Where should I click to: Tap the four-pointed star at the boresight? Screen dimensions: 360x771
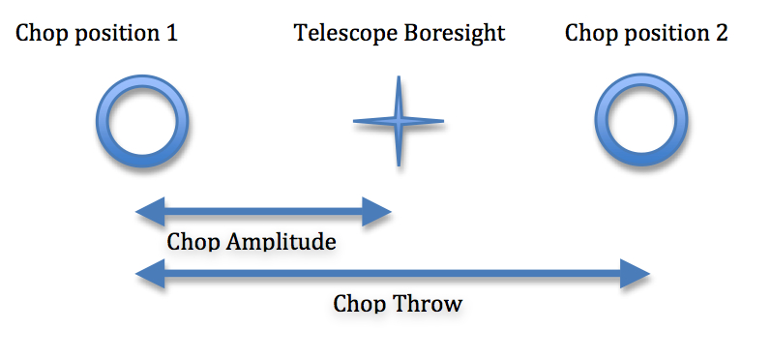[x=397, y=122]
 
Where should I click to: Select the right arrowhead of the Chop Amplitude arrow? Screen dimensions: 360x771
[x=378, y=210]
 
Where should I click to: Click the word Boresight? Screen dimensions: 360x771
[x=455, y=34]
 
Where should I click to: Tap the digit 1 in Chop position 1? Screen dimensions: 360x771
[x=171, y=34]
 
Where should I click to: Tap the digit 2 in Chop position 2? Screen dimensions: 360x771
[x=721, y=34]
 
